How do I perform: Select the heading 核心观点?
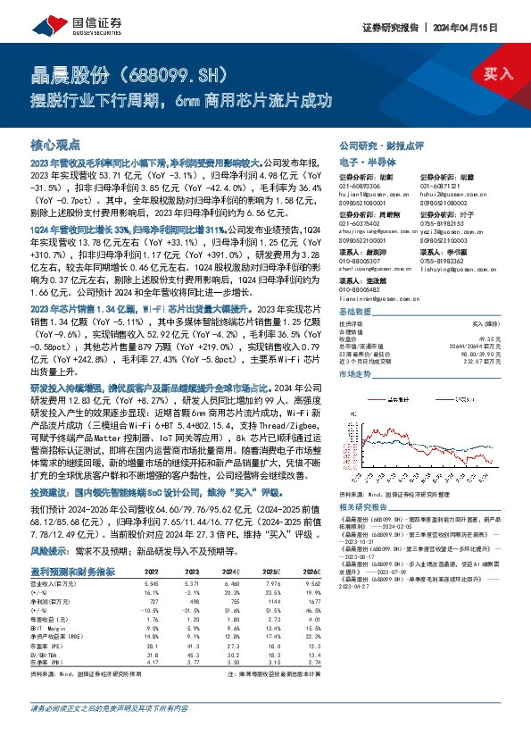[x=55, y=143]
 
